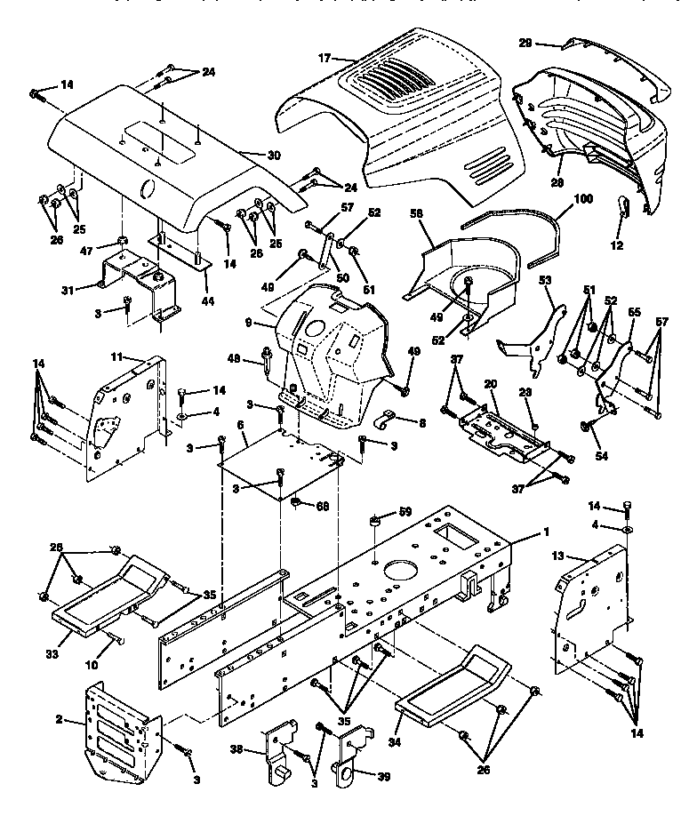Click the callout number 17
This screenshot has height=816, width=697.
[324, 58]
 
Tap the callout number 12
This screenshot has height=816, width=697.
[618, 244]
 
